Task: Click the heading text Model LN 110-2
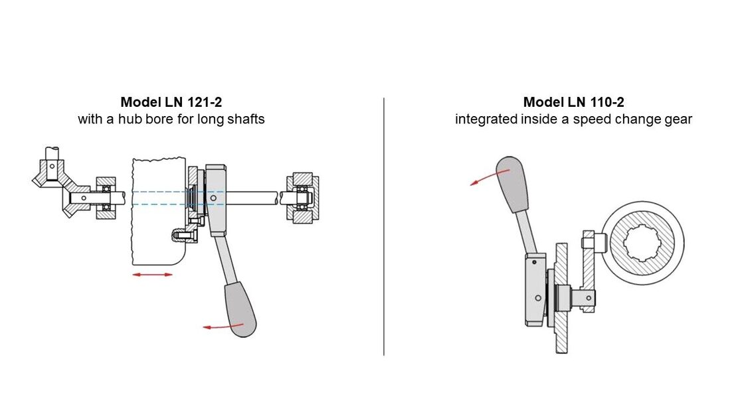573,102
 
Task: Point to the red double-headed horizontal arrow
152,275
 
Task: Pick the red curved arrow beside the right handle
488,177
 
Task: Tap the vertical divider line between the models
384,226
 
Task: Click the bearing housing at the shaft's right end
302,197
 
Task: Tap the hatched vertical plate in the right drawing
562,299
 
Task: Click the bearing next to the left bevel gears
105,198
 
